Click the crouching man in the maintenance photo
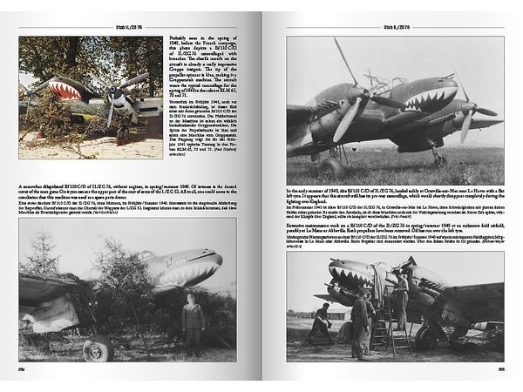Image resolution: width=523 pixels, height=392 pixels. pos(321,321)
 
